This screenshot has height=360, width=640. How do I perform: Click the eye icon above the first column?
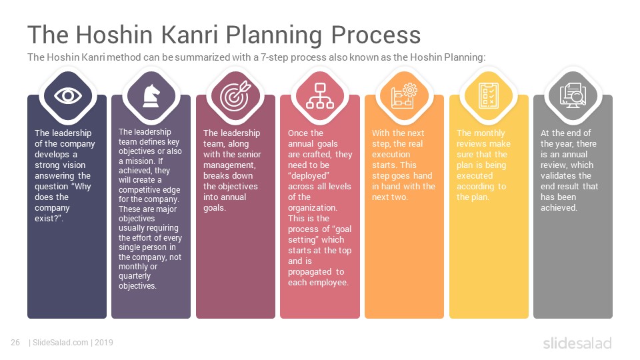point(68,96)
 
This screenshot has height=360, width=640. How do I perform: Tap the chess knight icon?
point(151,96)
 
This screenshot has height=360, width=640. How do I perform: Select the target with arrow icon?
point(235,96)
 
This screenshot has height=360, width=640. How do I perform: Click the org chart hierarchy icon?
point(320,96)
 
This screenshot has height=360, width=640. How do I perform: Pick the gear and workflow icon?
point(404,96)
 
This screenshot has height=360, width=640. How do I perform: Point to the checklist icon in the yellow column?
point(489,96)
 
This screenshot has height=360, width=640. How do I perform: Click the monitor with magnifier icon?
point(573,96)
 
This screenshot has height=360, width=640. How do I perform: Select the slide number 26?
point(15,343)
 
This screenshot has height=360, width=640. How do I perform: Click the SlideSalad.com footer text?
point(61,343)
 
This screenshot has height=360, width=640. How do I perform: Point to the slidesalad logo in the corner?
point(577,343)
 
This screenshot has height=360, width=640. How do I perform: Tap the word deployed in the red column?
point(309,176)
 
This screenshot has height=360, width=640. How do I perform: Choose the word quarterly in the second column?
point(135,276)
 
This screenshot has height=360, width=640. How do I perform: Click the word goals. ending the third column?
point(215,208)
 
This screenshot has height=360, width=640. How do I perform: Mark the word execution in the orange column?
point(391,155)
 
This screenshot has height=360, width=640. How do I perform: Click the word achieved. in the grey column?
point(559,208)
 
